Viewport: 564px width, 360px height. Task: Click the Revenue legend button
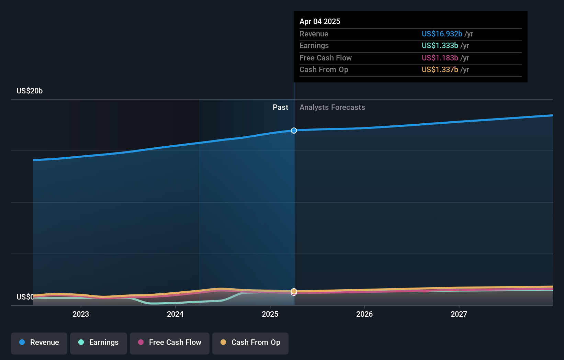coord(39,342)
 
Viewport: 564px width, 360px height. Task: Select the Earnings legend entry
coord(99,342)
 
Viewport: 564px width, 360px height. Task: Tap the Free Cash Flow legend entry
coord(170,342)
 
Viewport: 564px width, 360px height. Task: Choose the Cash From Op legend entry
coord(250,342)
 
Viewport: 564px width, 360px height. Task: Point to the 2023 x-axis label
coord(81,314)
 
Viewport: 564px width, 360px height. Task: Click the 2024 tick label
coord(175,314)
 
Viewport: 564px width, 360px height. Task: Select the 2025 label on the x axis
coord(270,314)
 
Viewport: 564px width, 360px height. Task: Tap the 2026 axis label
coord(364,314)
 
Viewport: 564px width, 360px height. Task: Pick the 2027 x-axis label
coord(459,314)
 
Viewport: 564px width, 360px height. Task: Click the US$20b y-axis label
coord(30,91)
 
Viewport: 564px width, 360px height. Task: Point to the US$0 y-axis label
coord(25,297)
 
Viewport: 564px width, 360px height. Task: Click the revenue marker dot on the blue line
coord(294,131)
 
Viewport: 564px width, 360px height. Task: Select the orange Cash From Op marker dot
coord(294,291)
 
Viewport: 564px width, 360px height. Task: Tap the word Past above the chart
coord(280,108)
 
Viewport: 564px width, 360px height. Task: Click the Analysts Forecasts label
coord(332,108)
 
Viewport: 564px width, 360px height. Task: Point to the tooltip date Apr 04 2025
coord(320,21)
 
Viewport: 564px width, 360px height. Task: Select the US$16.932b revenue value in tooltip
coord(442,34)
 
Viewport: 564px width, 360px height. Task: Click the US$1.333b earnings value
coord(440,45)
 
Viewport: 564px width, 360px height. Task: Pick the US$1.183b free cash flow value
coord(440,58)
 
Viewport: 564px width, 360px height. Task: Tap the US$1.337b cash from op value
coord(440,69)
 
